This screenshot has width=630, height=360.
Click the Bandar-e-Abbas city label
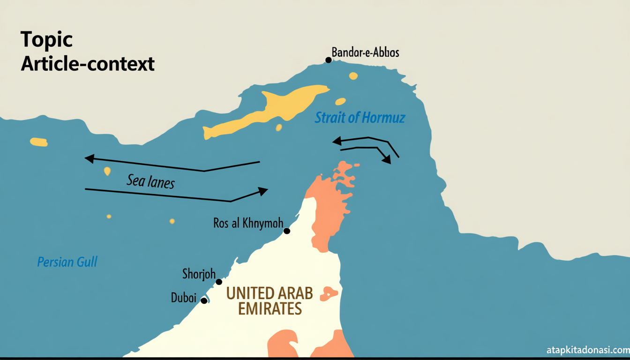tap(365, 52)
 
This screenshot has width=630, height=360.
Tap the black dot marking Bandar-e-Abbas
tap(329, 60)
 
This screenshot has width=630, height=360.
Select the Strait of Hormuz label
tap(360, 117)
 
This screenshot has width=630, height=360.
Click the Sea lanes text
tap(150, 181)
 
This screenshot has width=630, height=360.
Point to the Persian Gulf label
tap(67, 262)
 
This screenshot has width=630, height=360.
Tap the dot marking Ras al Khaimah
tap(287, 231)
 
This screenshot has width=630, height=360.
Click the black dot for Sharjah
tap(219, 282)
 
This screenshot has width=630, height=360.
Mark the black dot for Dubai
tap(204, 300)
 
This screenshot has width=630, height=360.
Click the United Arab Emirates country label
tap(270, 301)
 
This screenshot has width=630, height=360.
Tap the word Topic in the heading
tap(46, 40)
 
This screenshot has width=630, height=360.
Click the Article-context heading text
tap(88, 63)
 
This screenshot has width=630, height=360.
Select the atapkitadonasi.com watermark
tap(588, 350)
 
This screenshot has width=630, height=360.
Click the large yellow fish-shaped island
tap(267, 111)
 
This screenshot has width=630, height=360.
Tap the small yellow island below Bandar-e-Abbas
tap(353, 75)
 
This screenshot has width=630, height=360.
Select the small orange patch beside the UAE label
tap(329, 294)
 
